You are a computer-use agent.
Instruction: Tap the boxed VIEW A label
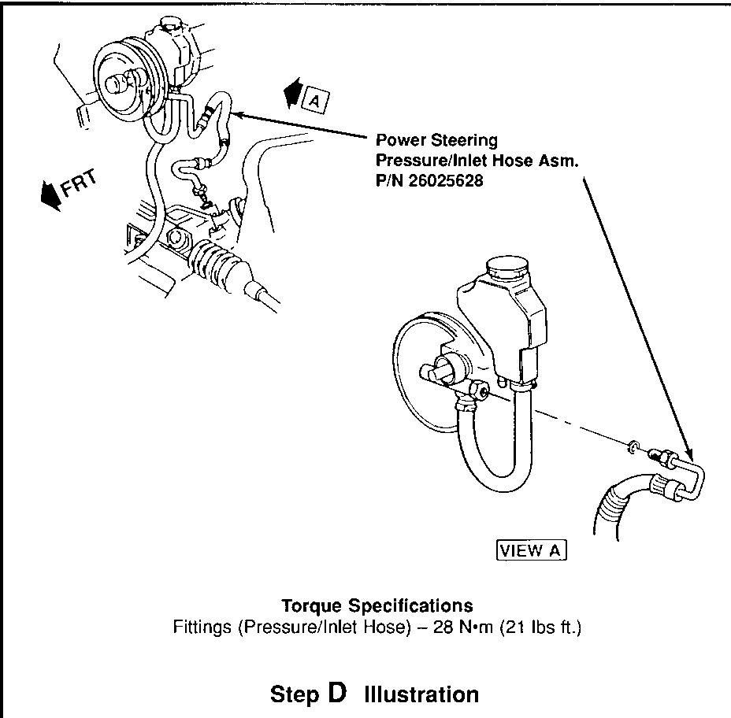(532, 550)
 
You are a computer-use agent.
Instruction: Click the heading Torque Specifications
(377, 605)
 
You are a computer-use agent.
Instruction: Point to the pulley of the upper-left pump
(121, 80)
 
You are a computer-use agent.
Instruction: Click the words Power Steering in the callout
(436, 141)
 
